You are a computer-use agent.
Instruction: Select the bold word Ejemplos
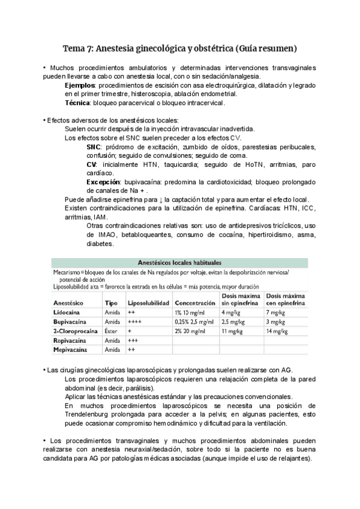[79, 85]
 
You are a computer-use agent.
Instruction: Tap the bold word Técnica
[78, 103]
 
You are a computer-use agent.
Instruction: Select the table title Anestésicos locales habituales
[179, 262]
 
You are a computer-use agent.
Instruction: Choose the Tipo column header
[111, 304]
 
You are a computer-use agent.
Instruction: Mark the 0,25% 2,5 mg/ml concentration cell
[194, 322]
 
